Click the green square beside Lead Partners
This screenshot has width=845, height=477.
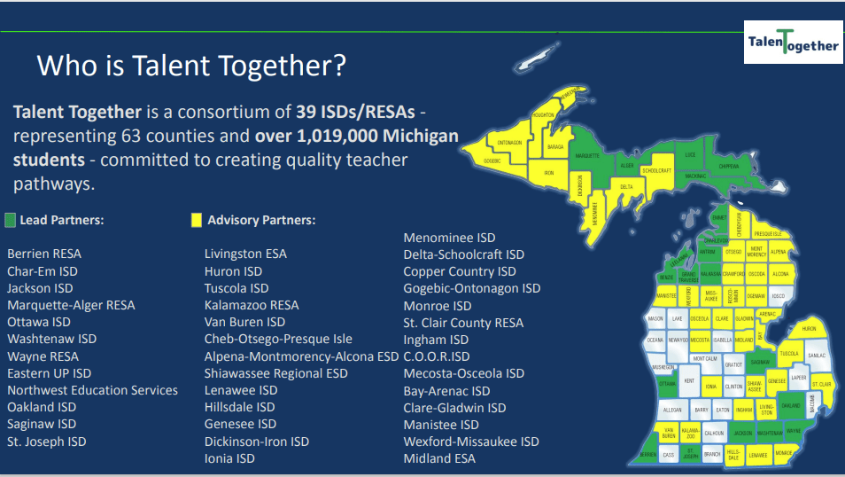point(11,220)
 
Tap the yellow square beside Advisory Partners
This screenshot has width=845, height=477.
point(197,220)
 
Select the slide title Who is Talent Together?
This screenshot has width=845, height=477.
point(191,66)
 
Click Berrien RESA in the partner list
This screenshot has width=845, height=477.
point(44,254)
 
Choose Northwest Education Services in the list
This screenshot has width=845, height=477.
point(93,390)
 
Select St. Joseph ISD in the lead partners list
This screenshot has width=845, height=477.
point(47,442)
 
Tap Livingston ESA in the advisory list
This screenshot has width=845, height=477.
point(245,254)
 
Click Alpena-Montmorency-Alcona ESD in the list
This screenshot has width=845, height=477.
point(301,356)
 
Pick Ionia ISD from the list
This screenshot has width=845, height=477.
point(229,458)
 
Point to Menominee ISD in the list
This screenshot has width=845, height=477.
point(449,238)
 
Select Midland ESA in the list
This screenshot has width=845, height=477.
point(439,458)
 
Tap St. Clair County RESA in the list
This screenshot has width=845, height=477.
point(463,323)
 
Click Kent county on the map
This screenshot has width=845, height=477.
point(691,381)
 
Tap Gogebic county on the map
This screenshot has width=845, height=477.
point(492,160)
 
